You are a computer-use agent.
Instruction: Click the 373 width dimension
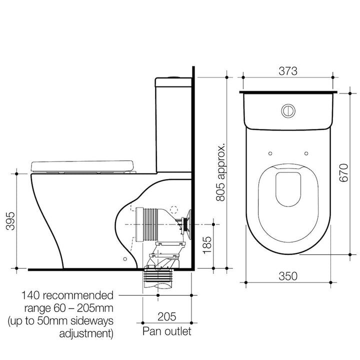[288, 71]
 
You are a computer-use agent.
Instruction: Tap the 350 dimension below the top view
[288, 276]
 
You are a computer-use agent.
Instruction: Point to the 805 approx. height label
[220, 171]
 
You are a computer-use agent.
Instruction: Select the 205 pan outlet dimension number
[166, 316]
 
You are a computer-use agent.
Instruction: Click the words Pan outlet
[166, 331]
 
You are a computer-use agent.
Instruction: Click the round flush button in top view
[288, 110]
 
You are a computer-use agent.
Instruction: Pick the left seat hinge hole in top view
[269, 153]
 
